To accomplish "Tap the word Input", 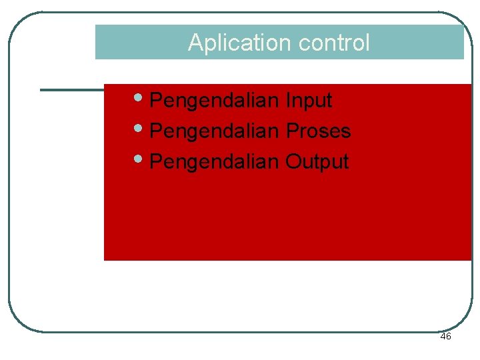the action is click(x=309, y=101).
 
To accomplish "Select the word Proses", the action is click(x=318, y=131).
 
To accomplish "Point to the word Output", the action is click(x=317, y=161).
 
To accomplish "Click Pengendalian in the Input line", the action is click(x=214, y=101).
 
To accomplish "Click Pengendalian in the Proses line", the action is click(x=214, y=131).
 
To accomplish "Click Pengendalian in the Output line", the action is click(x=214, y=161).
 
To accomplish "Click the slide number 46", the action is click(x=445, y=337).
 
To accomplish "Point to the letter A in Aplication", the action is click(x=195, y=43).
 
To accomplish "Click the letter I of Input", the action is click(x=288, y=101).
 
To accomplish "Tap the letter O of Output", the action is click(x=293, y=161).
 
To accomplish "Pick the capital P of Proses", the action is click(x=292, y=131).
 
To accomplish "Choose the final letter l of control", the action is click(x=367, y=43).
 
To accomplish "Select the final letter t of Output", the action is click(x=345, y=161).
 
